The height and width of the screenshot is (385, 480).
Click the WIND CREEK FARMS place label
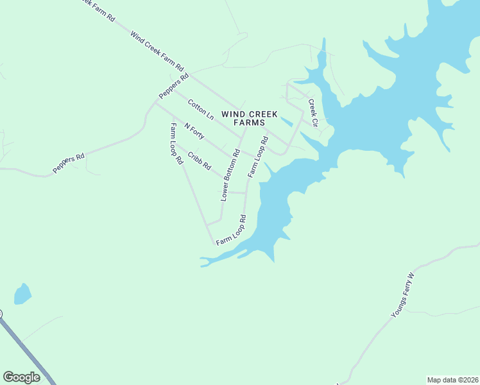pos(249,118)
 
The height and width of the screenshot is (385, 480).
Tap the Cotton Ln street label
pos(201,109)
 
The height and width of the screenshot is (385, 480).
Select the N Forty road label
pos(194,131)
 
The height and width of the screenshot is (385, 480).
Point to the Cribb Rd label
pos(200,160)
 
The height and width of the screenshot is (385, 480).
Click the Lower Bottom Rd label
pos(230,175)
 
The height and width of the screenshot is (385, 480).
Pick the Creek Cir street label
pos(313,113)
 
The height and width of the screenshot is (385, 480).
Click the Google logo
pos(21,377)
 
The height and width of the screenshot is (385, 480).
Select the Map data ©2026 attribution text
pos(452,380)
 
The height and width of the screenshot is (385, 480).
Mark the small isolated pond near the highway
pos(22,294)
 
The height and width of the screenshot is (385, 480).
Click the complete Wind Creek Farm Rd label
pos(157,51)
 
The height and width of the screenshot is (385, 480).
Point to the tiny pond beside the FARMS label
pos(287,121)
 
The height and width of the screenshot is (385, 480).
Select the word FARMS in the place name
pos(249,123)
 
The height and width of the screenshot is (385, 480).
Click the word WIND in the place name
pos(232,114)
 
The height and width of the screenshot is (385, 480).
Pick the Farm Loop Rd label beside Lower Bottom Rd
pos(257,157)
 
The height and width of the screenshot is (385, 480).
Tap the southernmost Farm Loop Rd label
pos(232,230)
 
